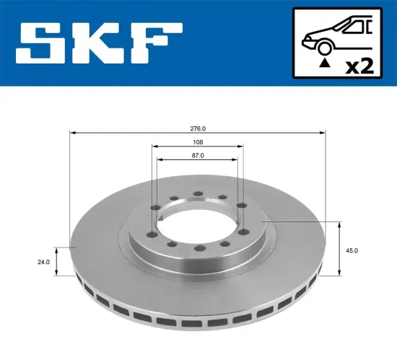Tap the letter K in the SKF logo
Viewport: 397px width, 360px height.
tap(98, 43)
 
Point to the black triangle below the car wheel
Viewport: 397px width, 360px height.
tap(325, 63)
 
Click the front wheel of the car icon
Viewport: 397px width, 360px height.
tap(325, 48)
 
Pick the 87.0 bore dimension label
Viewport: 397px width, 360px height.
tap(198, 154)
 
